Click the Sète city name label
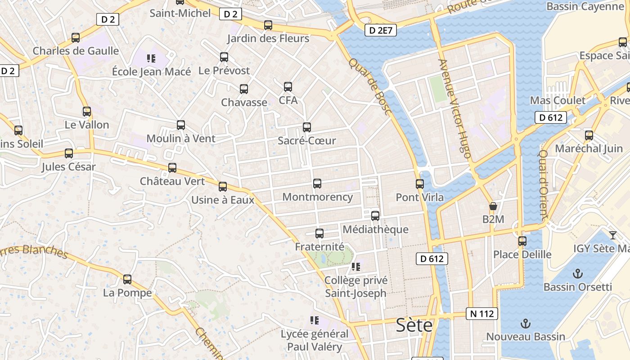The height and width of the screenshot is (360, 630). (x=414, y=325)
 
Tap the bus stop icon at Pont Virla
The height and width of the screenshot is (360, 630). (x=420, y=184)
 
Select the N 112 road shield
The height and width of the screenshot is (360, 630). (x=481, y=314)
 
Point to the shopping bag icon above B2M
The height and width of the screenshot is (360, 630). (x=493, y=206)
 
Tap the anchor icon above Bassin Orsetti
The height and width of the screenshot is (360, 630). (x=577, y=274)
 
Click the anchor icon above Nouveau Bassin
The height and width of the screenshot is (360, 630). (x=525, y=323)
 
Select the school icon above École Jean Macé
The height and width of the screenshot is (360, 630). (x=151, y=58)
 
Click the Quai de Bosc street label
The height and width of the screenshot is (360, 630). (x=369, y=86)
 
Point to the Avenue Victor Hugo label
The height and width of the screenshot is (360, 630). (x=454, y=108)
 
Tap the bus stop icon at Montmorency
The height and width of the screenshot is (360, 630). (x=317, y=184)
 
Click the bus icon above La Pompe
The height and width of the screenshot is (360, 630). (x=127, y=279)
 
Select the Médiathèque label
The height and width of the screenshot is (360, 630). (x=375, y=229)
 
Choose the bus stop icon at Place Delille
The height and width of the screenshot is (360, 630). (x=522, y=241)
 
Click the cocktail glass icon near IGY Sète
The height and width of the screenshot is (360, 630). (x=612, y=235)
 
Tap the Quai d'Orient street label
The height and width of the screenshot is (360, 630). (x=543, y=184)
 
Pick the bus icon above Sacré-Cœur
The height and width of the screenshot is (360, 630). (x=307, y=127)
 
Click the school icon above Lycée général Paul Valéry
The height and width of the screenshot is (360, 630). (x=314, y=320)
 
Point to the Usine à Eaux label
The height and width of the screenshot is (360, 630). (x=223, y=200)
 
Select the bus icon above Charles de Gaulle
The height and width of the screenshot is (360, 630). (x=76, y=38)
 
